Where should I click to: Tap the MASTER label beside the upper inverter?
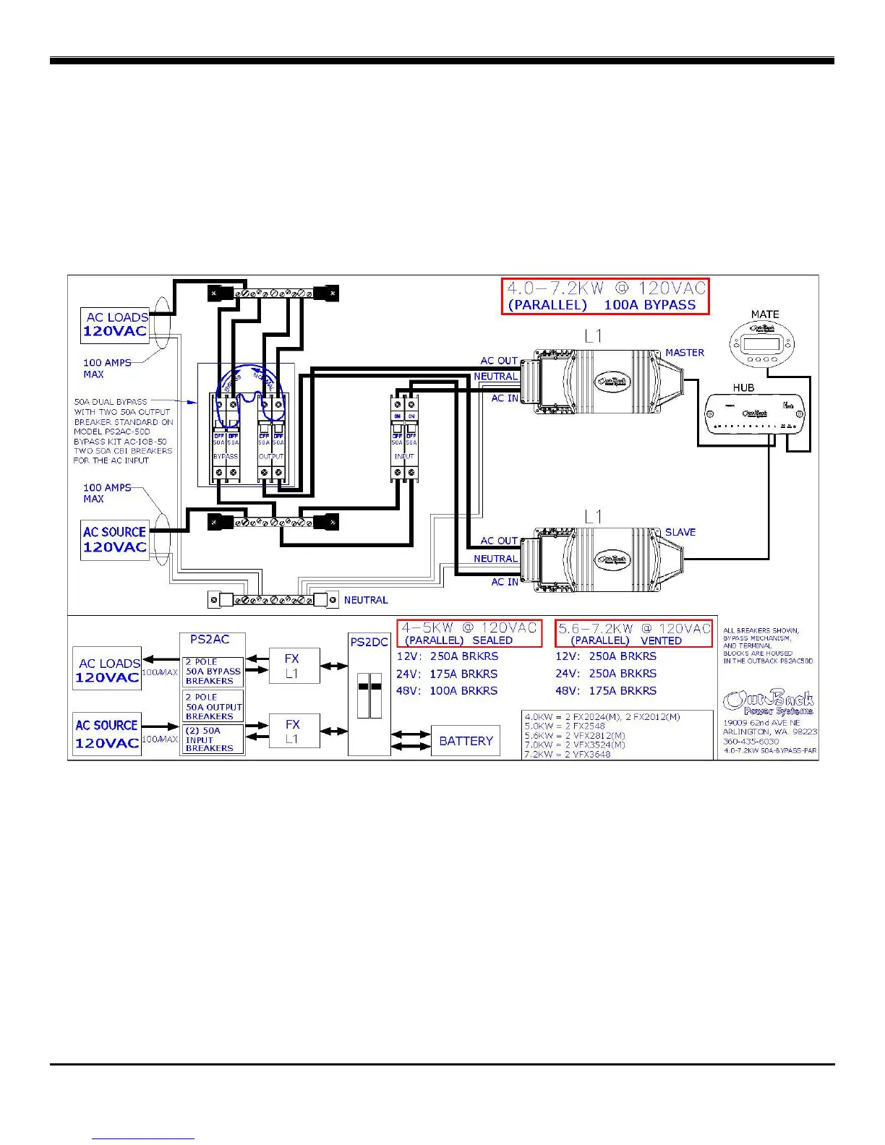pyautogui.click(x=684, y=353)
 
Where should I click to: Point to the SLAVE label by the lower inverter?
pyautogui.click(x=680, y=532)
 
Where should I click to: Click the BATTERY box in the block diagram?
pyautogui.click(x=466, y=741)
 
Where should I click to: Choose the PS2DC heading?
pyautogui.click(x=369, y=642)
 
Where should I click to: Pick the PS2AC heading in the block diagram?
pyautogui.click(x=210, y=639)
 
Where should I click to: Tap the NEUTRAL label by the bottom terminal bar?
pyautogui.click(x=365, y=600)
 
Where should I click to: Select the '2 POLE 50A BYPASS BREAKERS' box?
pyautogui.click(x=213, y=672)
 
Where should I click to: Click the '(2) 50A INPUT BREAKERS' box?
pyautogui.click(x=213, y=739)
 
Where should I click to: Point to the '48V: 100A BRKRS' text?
pyautogui.click(x=446, y=691)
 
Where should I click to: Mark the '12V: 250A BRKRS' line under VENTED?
pyautogui.click(x=605, y=656)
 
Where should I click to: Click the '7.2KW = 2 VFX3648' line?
pyautogui.click(x=568, y=754)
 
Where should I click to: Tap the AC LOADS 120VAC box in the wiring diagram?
pyautogui.click(x=115, y=325)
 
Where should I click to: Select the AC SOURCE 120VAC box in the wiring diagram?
pyautogui.click(x=114, y=539)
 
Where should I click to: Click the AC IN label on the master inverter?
pyautogui.click(x=504, y=398)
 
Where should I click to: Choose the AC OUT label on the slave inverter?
pyautogui.click(x=499, y=541)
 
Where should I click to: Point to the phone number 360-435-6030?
pyautogui.click(x=751, y=741)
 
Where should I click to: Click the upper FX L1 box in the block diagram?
pyautogui.click(x=292, y=666)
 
